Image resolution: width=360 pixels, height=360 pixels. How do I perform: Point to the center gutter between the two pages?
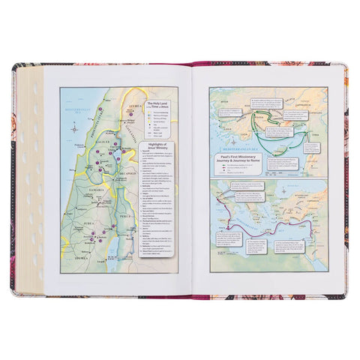point(193,180)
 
